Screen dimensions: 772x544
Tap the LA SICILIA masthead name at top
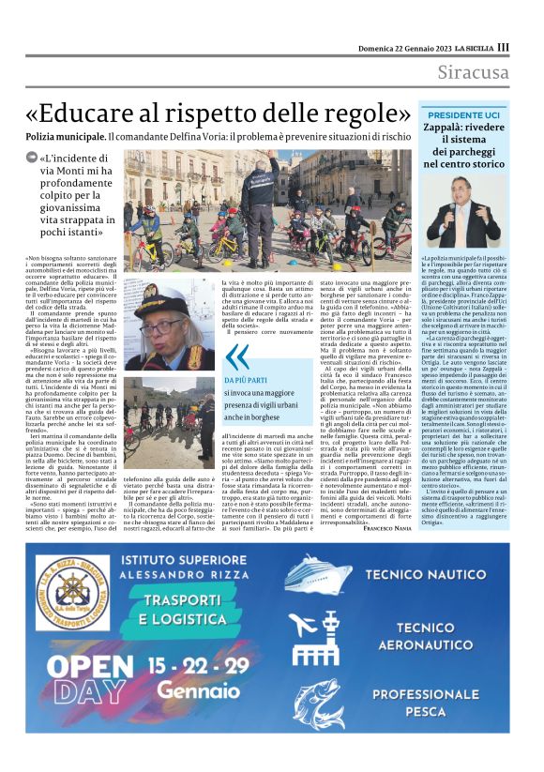coord(473,47)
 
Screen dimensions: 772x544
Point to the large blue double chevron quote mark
coord(238,356)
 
